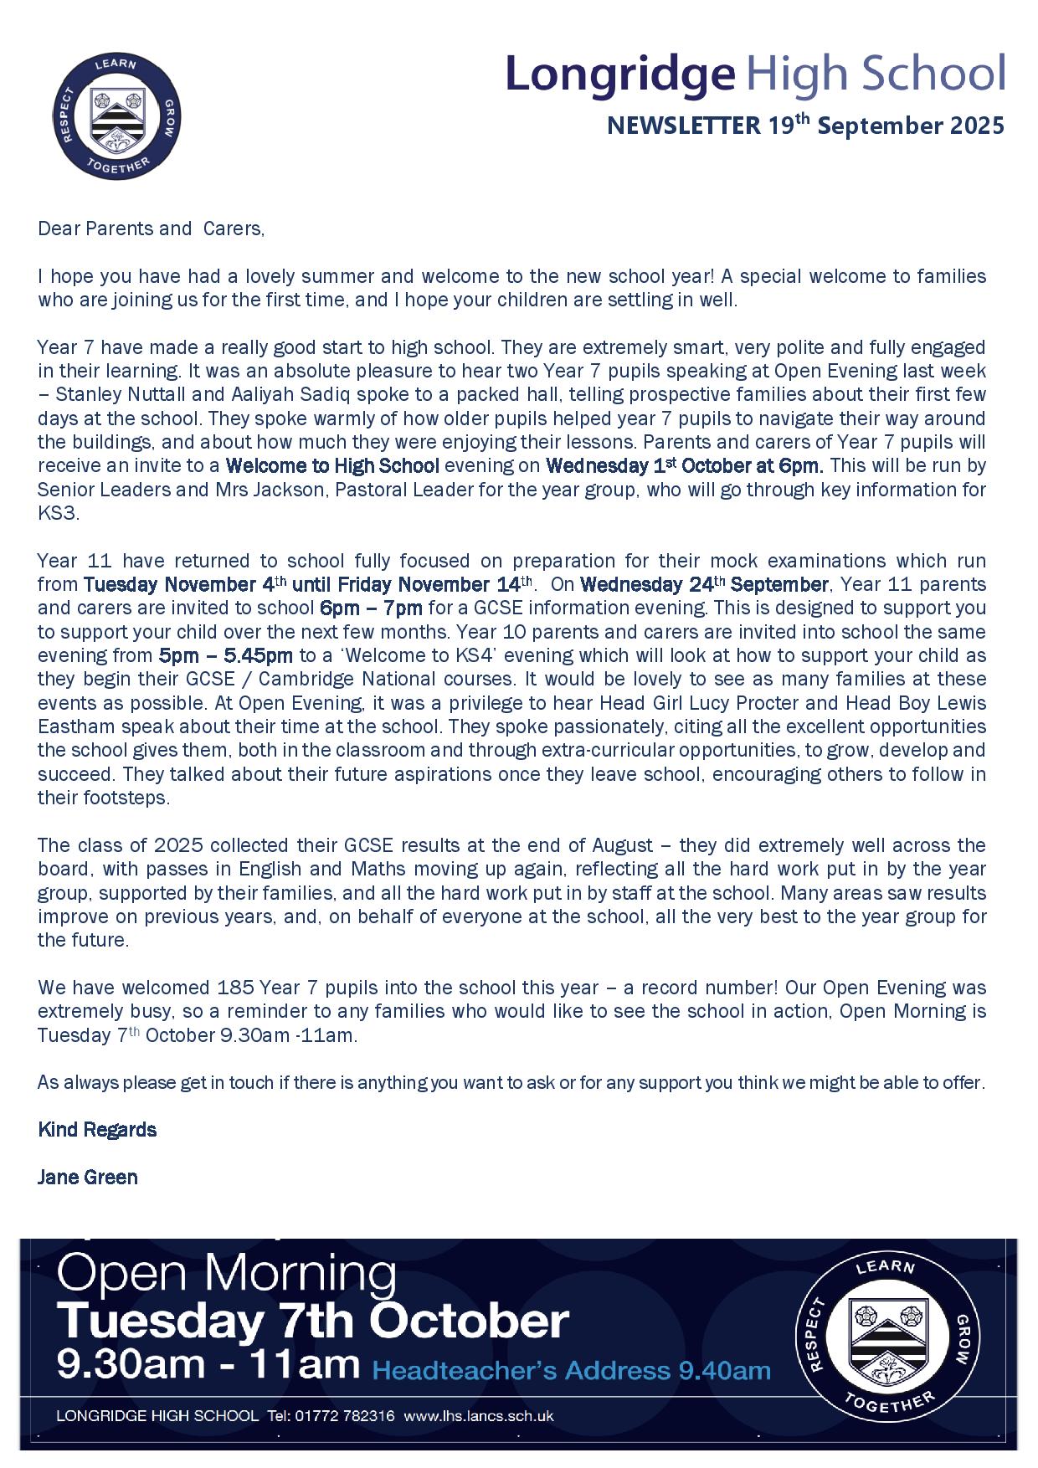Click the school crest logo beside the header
click(x=118, y=116)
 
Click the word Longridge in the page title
click(x=619, y=74)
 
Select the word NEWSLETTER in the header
click(x=682, y=126)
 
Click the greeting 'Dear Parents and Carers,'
click(x=151, y=229)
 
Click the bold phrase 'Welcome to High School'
click(x=332, y=465)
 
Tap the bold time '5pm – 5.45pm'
click(x=226, y=655)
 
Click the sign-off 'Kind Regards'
click(x=97, y=1130)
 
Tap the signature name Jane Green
click(x=88, y=1178)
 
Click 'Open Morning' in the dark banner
click(x=226, y=1275)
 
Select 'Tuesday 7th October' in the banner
click(x=312, y=1322)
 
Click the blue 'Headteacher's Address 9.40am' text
click(x=571, y=1371)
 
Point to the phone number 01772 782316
click(x=343, y=1417)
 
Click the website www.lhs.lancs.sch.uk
click(x=479, y=1417)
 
